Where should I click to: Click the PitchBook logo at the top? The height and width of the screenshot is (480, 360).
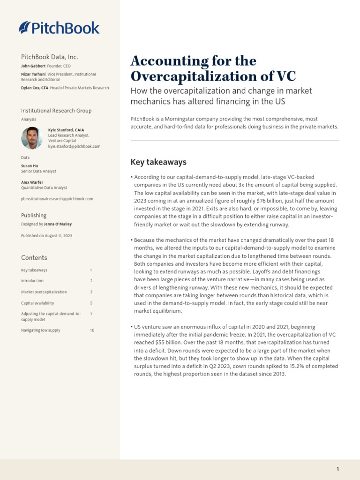(x=59, y=28)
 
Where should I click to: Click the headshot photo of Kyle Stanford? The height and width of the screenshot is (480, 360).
(x=31, y=138)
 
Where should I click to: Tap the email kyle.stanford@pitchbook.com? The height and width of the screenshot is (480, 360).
(x=74, y=147)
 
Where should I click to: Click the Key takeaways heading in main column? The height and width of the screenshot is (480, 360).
(x=158, y=162)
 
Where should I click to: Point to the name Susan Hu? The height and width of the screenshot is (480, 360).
(x=30, y=166)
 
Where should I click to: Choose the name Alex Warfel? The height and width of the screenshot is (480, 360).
(x=31, y=182)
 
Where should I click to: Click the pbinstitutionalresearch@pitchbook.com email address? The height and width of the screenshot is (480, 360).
(x=57, y=199)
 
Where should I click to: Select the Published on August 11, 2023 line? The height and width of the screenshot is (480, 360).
(x=47, y=235)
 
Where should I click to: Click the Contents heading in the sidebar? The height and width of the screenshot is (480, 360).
(x=34, y=258)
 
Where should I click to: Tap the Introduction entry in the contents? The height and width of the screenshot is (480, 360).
(x=32, y=281)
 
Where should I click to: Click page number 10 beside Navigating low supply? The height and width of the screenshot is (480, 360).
(x=92, y=330)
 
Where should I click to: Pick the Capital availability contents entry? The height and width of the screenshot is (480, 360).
(x=37, y=303)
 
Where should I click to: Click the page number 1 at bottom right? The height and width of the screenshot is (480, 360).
(x=337, y=469)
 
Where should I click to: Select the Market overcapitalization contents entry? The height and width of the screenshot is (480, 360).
(x=44, y=292)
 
